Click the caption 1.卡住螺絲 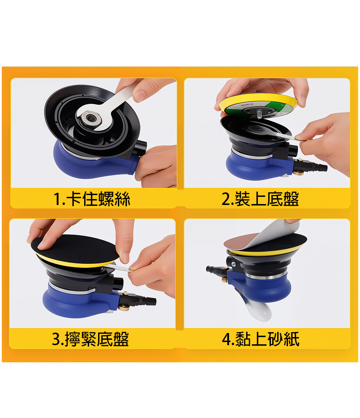coord(92,199)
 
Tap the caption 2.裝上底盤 coord(260,199)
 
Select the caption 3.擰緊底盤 coord(90,339)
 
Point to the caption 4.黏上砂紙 coord(261,339)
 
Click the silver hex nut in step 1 coord(91,119)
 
